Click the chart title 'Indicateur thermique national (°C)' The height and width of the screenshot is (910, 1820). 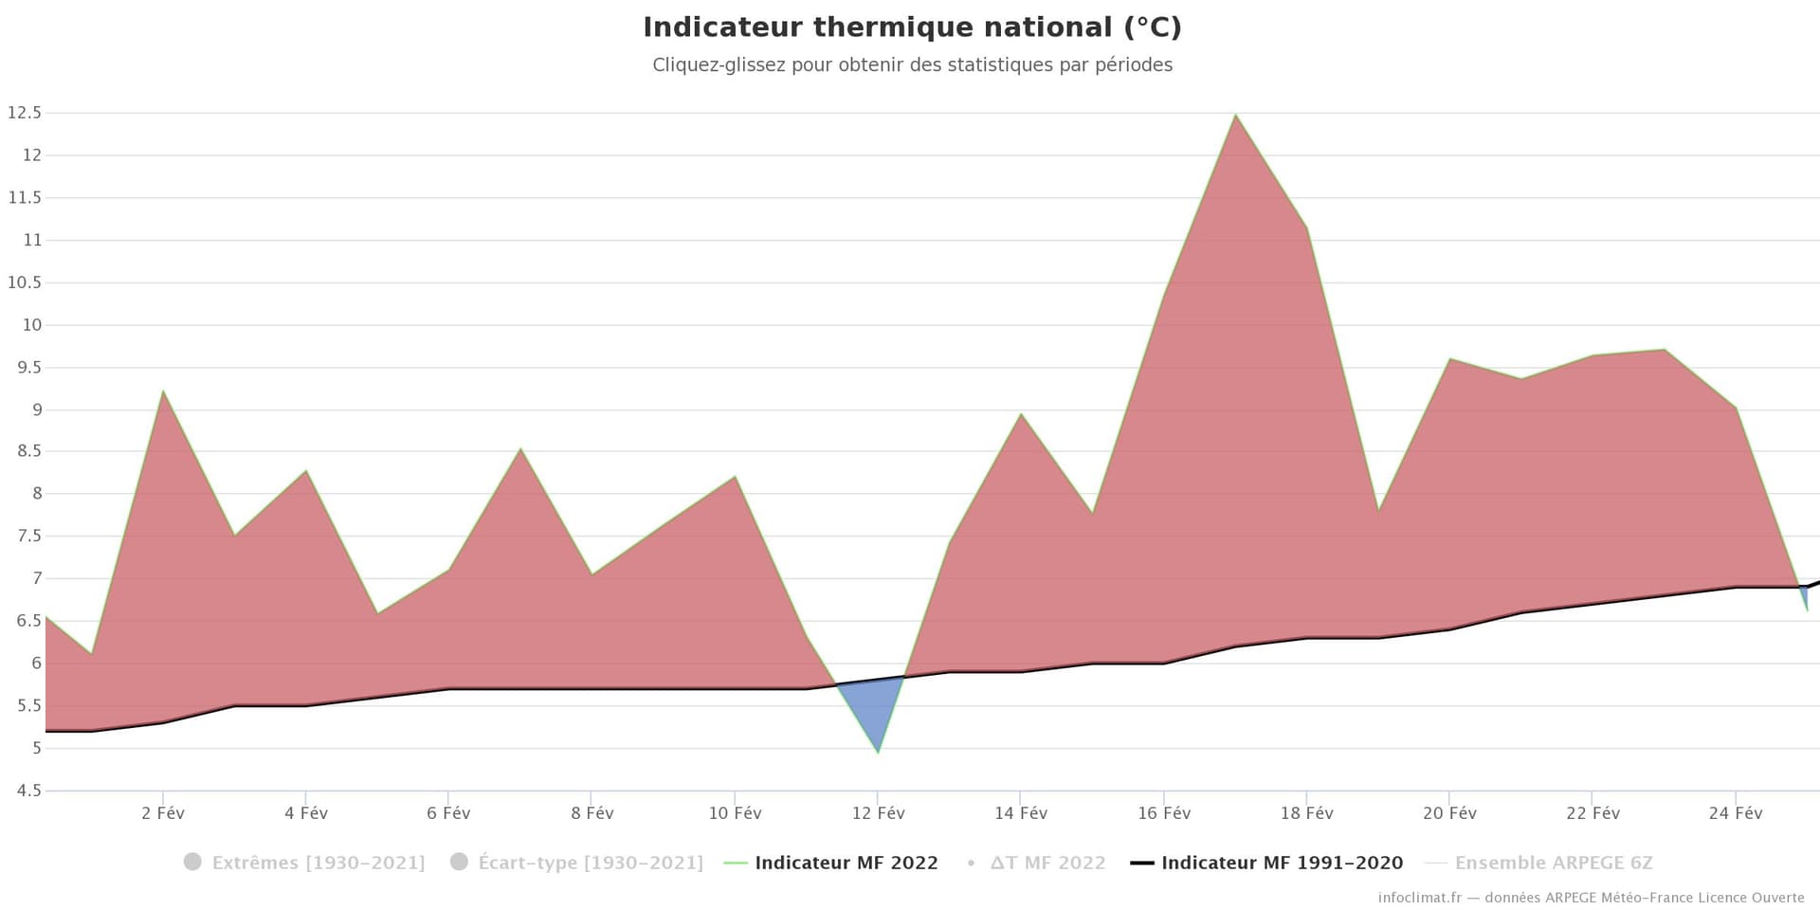[x=912, y=27]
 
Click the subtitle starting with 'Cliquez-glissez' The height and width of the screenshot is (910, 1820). [x=912, y=65]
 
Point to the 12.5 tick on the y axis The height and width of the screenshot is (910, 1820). [x=25, y=113]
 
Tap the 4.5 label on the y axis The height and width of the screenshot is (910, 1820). [x=25, y=791]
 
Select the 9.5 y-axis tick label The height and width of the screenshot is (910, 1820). [x=25, y=368]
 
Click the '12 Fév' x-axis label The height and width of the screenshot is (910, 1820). [x=878, y=813]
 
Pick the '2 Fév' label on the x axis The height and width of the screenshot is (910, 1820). [x=163, y=813]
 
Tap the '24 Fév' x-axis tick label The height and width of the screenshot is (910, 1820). [x=1736, y=813]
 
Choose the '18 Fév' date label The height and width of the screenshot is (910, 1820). [x=1306, y=813]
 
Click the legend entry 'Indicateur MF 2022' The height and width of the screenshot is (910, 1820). [x=846, y=863]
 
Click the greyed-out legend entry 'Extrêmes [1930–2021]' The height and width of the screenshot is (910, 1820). [x=318, y=863]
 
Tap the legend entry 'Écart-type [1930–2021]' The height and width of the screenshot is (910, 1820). [x=590, y=863]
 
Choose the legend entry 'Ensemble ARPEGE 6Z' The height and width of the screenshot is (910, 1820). [x=1553, y=863]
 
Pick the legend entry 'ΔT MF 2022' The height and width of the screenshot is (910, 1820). [x=1047, y=863]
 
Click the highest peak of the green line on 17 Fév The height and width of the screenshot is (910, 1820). [x=1235, y=116]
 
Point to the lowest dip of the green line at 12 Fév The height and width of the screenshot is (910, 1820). [x=878, y=752]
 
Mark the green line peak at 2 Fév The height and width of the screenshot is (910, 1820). [x=163, y=391]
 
